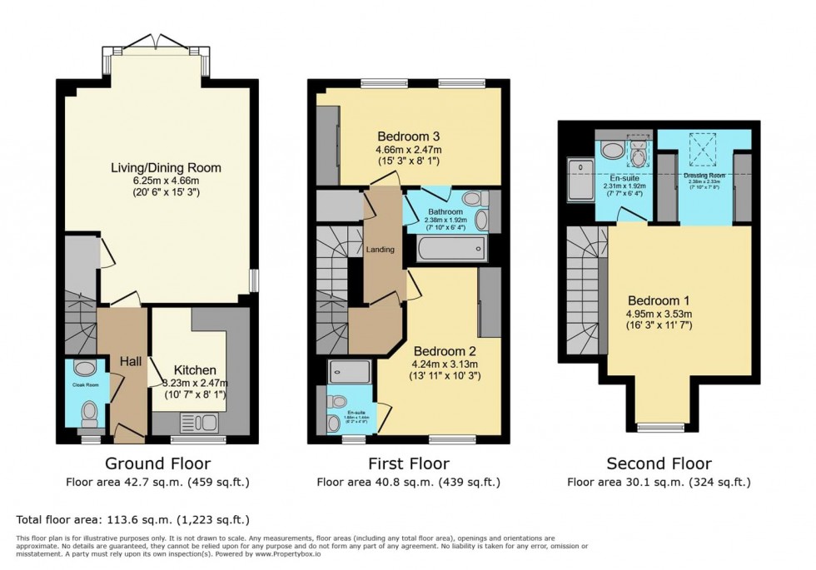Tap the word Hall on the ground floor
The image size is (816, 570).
pos(130,362)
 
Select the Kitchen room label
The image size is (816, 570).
pos(195,369)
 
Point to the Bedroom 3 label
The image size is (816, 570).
pos(408,136)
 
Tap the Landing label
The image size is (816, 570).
pos(381,250)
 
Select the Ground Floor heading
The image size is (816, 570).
pos(157,463)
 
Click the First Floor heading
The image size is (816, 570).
pos(408,463)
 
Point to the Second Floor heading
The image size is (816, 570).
pos(658,463)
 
